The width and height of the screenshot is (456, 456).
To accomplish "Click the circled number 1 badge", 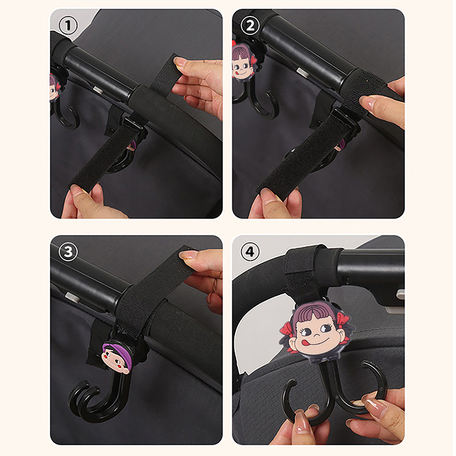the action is coord(68,26).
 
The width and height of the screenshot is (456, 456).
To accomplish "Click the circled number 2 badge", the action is coord(250,26).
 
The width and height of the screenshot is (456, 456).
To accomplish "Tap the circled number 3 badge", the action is coord(68,252).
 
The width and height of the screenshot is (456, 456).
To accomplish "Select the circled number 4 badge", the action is coord(250,252).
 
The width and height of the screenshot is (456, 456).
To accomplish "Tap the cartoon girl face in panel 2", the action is coord(242,62).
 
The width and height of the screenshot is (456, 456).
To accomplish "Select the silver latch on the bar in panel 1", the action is coord(98,89).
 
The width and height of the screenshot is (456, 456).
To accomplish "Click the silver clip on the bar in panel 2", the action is coord(303,72).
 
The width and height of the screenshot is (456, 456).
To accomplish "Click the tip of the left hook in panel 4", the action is coord(294,381).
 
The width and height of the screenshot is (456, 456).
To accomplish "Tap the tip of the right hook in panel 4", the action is coord(364,364).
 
